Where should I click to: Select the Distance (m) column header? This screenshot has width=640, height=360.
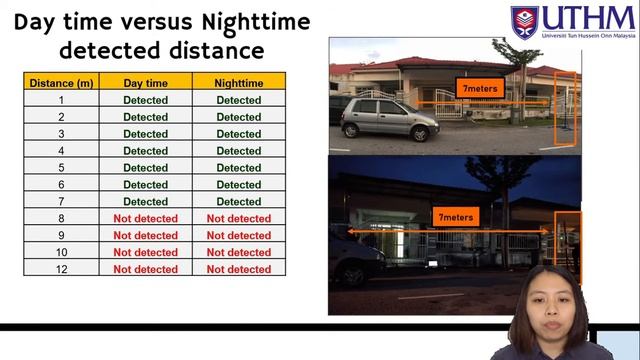[61, 83]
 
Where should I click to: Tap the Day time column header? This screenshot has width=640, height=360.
[145, 83]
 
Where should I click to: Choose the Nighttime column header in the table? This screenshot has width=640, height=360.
[238, 83]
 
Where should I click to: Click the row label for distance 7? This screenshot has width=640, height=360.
[61, 201]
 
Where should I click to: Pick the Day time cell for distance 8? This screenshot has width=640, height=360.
[145, 218]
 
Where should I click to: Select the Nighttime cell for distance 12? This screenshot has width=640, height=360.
[238, 269]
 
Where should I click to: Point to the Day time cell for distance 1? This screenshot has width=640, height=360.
[145, 100]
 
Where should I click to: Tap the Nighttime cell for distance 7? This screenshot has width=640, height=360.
[238, 201]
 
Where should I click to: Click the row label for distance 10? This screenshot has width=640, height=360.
[61, 252]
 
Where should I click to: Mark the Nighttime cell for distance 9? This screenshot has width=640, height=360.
[238, 235]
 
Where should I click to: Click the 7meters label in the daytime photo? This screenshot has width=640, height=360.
[481, 89]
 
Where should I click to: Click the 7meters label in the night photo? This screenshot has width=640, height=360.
[455, 216]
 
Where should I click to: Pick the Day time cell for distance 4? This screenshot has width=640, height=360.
[145, 151]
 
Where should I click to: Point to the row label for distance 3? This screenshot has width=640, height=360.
[61, 134]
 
